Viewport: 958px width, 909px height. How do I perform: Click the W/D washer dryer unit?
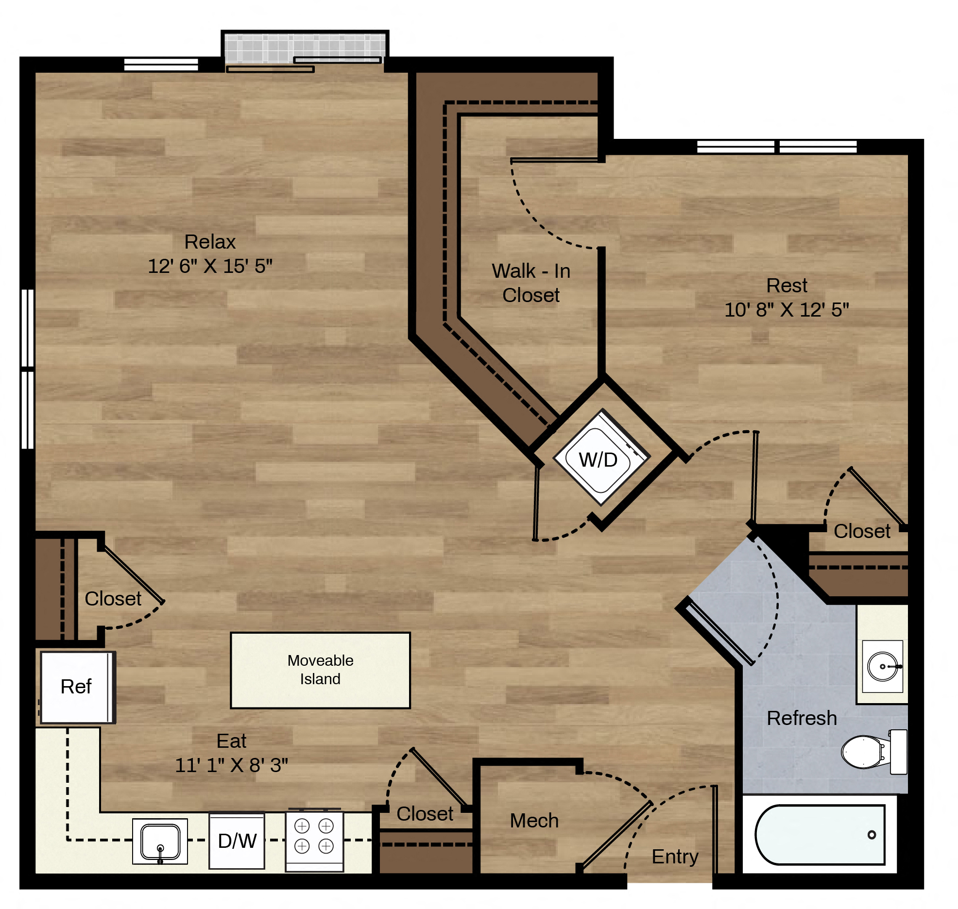[601, 457]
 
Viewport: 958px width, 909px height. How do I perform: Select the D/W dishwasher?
[237, 841]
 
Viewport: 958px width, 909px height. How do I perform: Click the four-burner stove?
[314, 840]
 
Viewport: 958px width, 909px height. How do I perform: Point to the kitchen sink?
[160, 842]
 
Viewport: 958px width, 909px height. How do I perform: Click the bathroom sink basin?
[883, 666]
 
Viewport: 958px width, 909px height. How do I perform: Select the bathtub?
[820, 835]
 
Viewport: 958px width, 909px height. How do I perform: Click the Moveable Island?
[321, 670]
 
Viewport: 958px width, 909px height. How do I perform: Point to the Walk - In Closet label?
[531, 283]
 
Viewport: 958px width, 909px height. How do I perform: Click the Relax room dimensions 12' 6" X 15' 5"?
[210, 266]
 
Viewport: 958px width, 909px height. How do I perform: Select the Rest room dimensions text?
[787, 310]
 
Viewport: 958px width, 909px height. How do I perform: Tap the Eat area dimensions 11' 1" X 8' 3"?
[232, 765]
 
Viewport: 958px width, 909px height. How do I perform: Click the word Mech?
[534, 821]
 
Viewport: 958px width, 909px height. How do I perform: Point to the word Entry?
[675, 857]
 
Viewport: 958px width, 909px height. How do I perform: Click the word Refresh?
[802, 718]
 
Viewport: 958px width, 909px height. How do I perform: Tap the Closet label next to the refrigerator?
[113, 599]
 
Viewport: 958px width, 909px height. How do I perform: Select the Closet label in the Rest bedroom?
[862, 531]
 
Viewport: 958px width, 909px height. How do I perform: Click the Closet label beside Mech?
[425, 814]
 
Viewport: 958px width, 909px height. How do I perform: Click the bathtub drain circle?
[872, 835]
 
